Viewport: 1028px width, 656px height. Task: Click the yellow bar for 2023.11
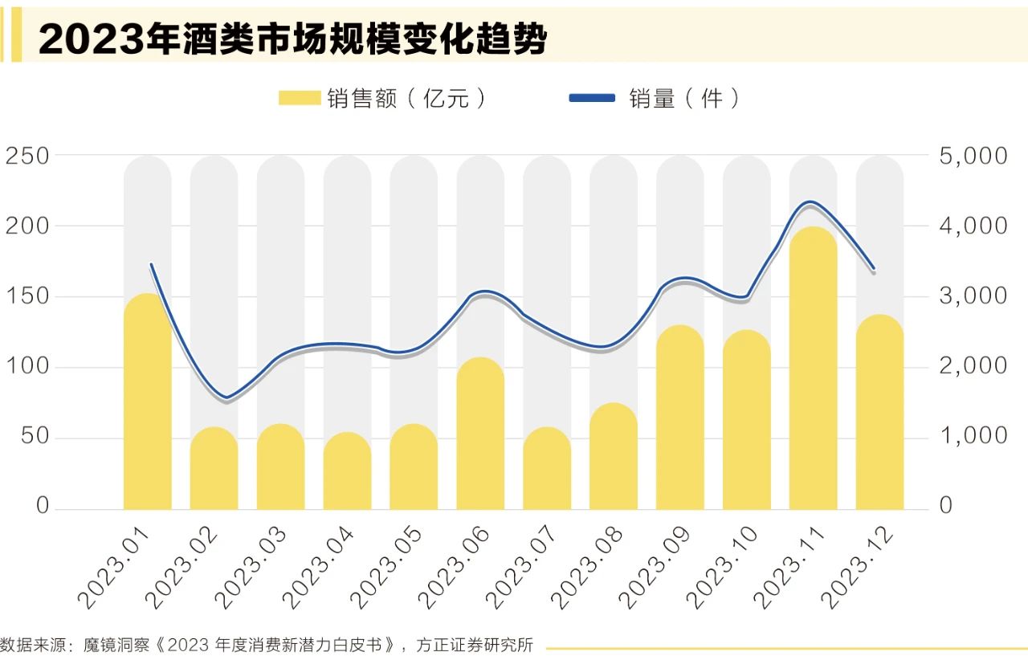tap(813, 369)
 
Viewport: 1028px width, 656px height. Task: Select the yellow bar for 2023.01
tap(148, 401)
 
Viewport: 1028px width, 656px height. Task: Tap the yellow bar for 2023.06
tap(480, 434)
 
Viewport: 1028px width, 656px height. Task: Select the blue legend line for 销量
tap(592, 98)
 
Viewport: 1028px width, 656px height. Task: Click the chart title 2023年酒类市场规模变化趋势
tap(292, 38)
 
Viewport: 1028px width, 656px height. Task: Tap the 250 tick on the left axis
tap(27, 155)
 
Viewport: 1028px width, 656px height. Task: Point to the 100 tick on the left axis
tap(27, 367)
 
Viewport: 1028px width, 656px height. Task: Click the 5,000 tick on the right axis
tap(973, 155)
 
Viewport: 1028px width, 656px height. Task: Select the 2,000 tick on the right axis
tap(973, 367)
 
